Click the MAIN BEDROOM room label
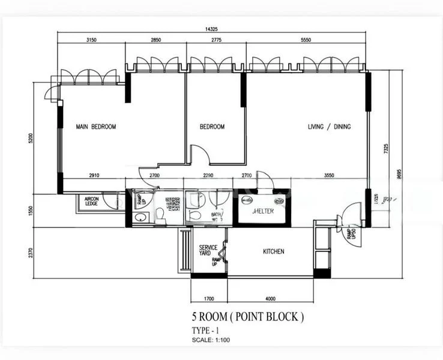coord(95,127)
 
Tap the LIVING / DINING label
coord(329,127)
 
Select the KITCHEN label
coord(273,251)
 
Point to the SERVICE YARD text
coord(208,251)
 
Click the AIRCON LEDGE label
coord(91,202)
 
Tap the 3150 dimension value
coord(91,40)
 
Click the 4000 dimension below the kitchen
coord(270,298)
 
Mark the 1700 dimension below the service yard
coord(208,298)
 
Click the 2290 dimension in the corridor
coord(208,175)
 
